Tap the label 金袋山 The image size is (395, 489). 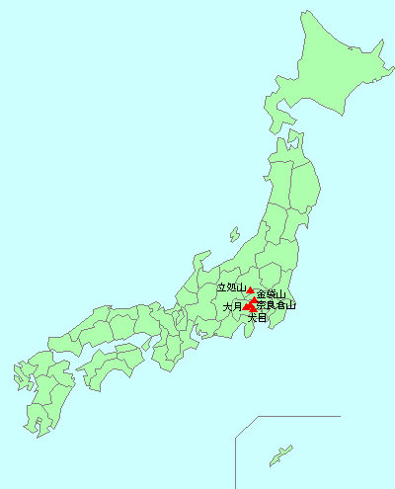pyautogui.click(x=271, y=294)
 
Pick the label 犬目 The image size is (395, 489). pyautogui.click(x=257, y=318)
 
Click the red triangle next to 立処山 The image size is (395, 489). pyautogui.click(x=250, y=291)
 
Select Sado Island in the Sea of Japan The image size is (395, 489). pyautogui.click(x=234, y=235)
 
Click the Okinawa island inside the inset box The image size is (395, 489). pyautogui.click(x=281, y=455)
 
